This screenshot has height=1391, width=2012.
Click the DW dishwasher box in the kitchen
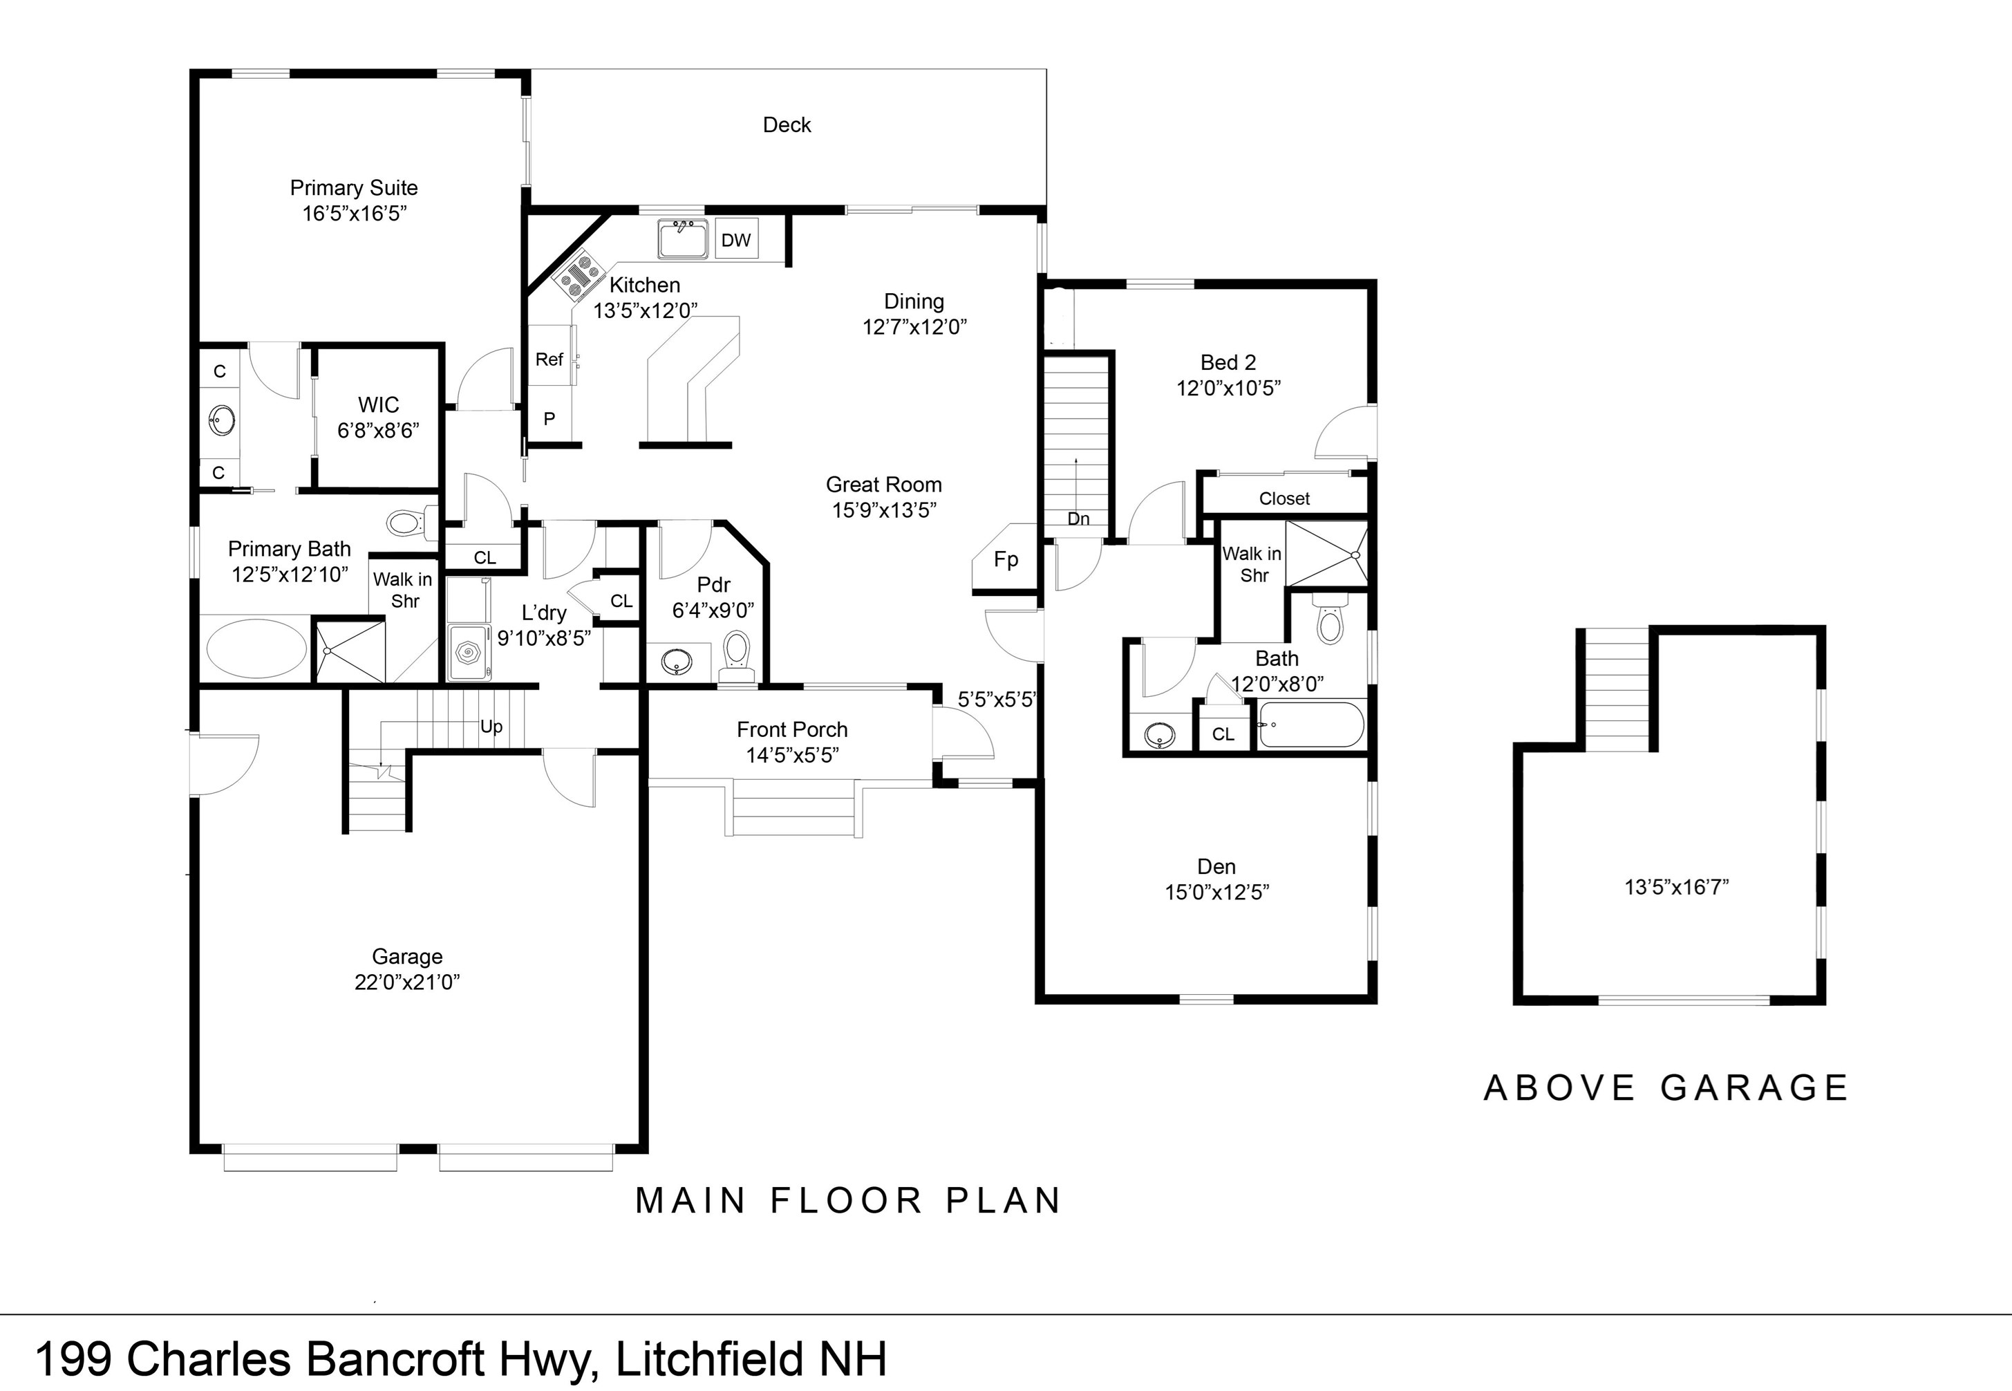[736, 240]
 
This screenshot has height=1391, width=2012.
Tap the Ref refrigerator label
[549, 359]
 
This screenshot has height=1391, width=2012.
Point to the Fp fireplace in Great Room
[1006, 559]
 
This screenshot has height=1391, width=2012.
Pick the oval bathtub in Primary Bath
[256, 649]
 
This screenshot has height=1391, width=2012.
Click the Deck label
[786, 124]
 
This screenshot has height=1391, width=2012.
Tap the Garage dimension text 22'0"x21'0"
[407, 982]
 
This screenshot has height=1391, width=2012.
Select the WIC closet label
[378, 404]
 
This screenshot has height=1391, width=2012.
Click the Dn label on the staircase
[1078, 519]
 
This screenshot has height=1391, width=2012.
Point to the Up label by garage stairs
[491, 726]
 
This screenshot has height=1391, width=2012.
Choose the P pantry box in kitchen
[549, 419]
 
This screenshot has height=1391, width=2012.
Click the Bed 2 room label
[1227, 362]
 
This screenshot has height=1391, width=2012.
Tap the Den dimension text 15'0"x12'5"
[1216, 892]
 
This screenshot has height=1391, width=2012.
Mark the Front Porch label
[791, 729]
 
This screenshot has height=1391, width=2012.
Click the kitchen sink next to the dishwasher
[682, 238]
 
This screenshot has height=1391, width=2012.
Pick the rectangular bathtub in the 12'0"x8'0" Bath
[1310, 725]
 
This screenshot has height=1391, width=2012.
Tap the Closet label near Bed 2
[1284, 498]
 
